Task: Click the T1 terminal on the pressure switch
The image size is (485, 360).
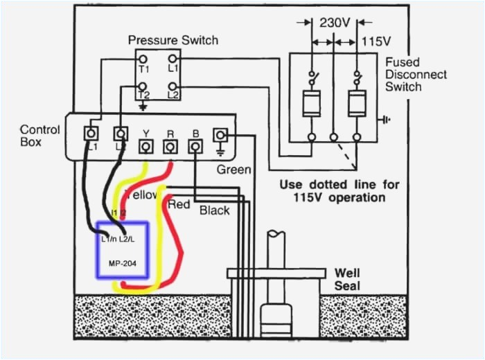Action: (x=143, y=60)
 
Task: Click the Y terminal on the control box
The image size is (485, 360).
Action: (x=146, y=146)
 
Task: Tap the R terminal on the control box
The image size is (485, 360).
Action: (x=170, y=146)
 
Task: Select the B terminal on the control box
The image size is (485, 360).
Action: (x=195, y=146)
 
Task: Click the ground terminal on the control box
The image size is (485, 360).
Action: (x=221, y=134)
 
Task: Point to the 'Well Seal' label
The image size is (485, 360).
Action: (x=347, y=279)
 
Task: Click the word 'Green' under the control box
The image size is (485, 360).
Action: (x=233, y=169)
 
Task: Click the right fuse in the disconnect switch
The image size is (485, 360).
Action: (x=357, y=105)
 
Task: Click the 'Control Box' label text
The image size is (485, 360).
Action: (x=39, y=135)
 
